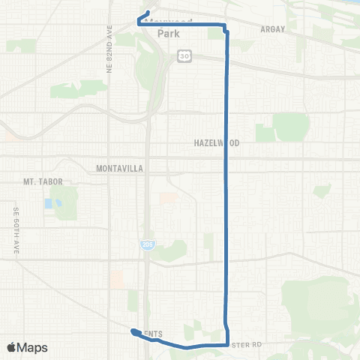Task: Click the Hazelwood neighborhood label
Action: pos(214,142)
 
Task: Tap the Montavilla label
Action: pos(119,169)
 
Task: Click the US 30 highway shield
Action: pos(184,55)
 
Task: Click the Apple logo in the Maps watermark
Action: pos(12,347)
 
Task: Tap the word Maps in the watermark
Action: pos(34,347)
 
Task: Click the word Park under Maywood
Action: pos(169,34)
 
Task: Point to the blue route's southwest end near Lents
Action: pos(133,331)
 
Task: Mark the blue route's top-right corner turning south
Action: pos(226,27)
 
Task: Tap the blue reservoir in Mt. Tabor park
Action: pos(49,203)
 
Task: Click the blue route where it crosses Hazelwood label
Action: pos(227,142)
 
